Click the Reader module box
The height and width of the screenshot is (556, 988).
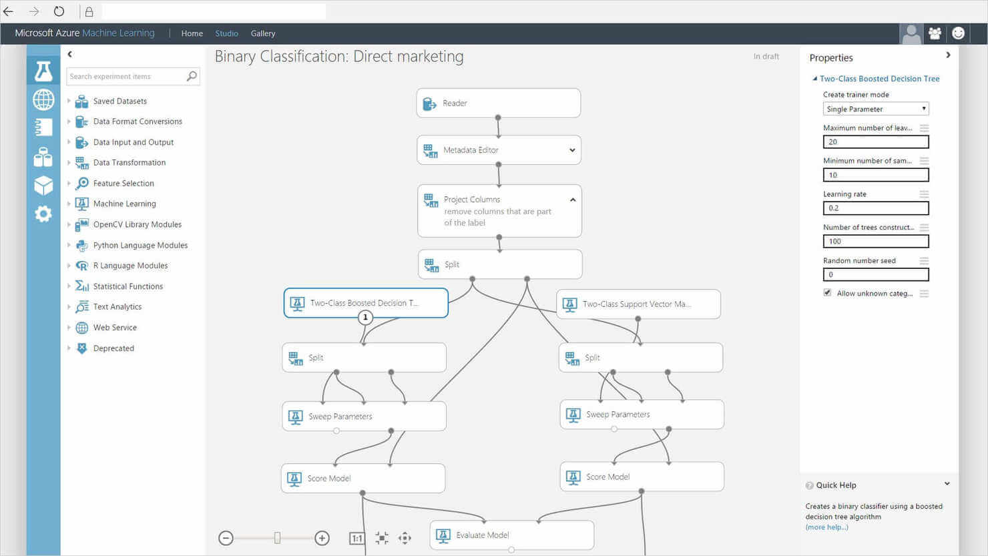point(499,103)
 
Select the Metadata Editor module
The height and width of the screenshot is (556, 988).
point(499,150)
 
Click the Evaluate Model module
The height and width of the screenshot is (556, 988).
point(511,535)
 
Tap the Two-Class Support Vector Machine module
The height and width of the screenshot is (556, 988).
point(638,304)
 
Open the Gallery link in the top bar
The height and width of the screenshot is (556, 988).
point(263,33)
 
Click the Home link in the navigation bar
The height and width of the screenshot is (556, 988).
point(192,33)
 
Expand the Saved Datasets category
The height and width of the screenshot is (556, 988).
point(119,101)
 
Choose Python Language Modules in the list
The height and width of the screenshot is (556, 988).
point(140,245)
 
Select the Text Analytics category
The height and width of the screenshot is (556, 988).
point(117,307)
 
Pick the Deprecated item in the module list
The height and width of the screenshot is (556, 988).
point(113,348)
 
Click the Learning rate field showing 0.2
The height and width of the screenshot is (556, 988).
point(876,208)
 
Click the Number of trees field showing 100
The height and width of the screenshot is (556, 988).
point(876,241)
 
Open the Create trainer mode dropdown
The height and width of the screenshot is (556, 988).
point(876,109)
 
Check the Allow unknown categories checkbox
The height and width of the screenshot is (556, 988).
point(828,293)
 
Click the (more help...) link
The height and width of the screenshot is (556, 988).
point(826,527)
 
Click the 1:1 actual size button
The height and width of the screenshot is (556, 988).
point(356,539)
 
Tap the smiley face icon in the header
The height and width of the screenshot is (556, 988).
point(958,33)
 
